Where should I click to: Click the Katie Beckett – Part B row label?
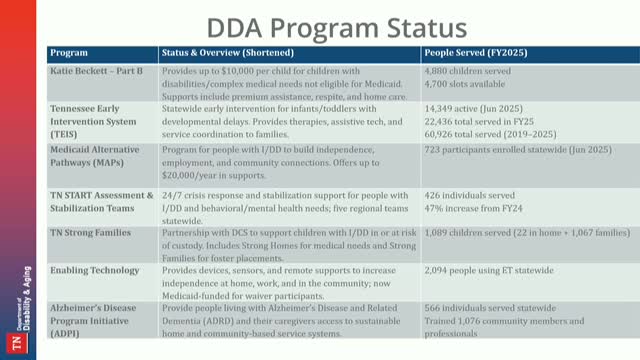(x=97, y=70)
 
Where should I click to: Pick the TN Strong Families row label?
(x=89, y=229)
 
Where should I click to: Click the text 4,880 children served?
(x=470, y=70)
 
